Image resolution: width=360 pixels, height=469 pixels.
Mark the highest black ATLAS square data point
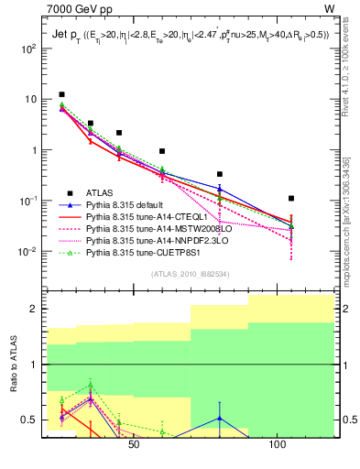61,94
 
